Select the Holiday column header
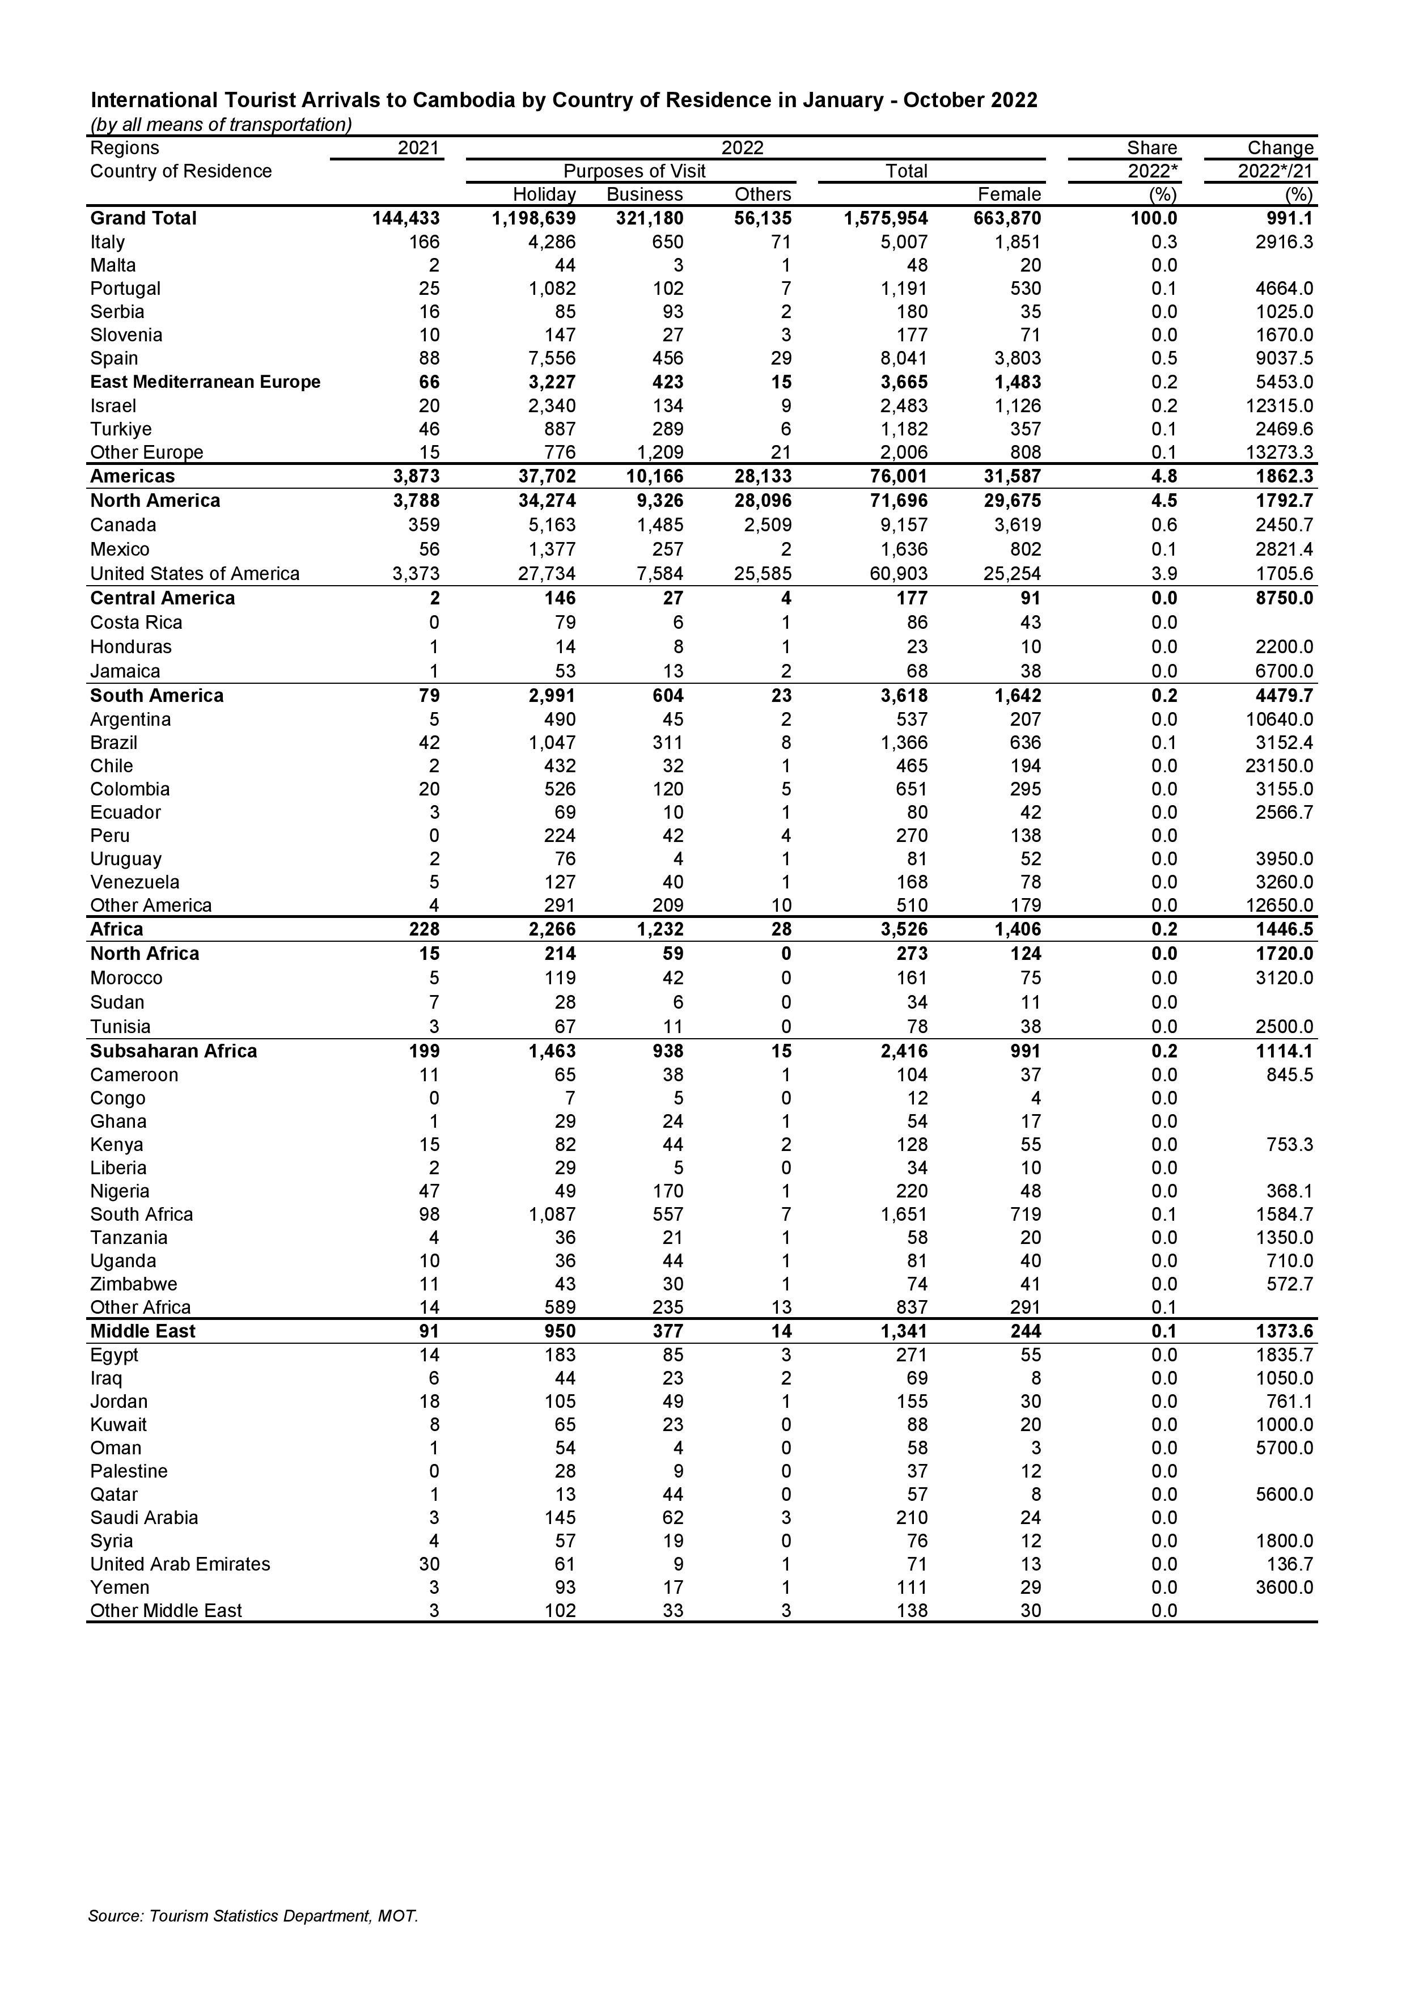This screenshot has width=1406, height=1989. point(544,194)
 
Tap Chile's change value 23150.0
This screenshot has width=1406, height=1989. point(1280,766)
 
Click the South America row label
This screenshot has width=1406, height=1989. point(157,696)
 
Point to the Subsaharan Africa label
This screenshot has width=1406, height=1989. point(173,1051)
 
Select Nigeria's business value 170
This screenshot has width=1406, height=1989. point(667,1191)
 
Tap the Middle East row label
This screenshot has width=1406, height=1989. point(143,1331)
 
